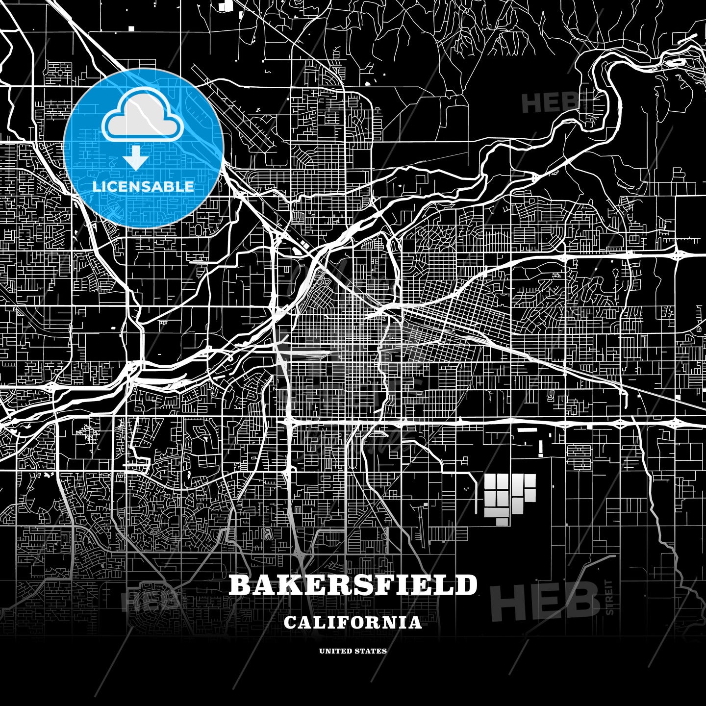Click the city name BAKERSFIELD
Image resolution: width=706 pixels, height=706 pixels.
(353, 585)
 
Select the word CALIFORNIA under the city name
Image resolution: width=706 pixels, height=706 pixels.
(353, 623)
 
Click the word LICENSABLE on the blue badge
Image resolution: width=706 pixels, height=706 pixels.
(143, 186)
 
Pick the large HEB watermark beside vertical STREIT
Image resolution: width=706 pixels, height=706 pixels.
(544, 602)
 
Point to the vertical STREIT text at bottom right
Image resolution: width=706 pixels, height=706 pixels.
(609, 598)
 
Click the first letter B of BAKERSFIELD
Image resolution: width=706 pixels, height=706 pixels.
(239, 585)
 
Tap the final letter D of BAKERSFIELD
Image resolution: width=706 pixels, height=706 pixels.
(467, 585)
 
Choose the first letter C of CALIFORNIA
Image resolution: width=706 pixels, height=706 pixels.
(290, 623)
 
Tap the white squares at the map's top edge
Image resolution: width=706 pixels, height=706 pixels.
(227, 6)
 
